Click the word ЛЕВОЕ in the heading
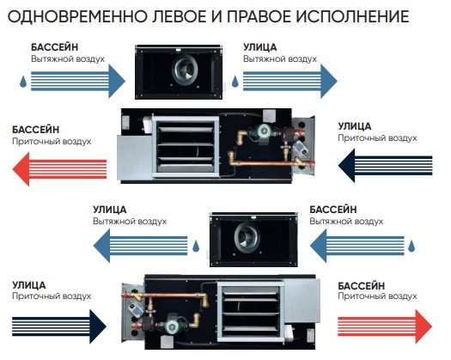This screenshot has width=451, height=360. [179, 16]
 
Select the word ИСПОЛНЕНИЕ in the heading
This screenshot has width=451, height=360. [353, 16]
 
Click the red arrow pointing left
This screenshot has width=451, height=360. [59, 169]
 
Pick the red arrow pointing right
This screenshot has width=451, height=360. [385, 326]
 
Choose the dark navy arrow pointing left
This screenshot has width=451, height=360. [386, 166]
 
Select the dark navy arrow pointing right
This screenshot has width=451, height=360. [59, 326]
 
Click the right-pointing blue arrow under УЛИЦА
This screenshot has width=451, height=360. [290, 81]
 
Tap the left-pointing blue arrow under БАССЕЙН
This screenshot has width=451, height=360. [357, 246]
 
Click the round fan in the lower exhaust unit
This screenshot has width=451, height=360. [247, 237]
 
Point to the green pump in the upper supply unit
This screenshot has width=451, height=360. [262, 132]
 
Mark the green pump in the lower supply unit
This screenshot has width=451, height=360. [173, 326]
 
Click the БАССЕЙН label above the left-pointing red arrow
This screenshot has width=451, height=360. [36, 130]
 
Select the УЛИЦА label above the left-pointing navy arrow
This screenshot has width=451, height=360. [354, 126]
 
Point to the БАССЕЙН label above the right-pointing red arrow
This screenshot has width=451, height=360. [362, 286]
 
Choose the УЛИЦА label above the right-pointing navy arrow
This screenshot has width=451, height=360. [28, 285]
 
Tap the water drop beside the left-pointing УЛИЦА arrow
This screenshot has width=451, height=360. [196, 246]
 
